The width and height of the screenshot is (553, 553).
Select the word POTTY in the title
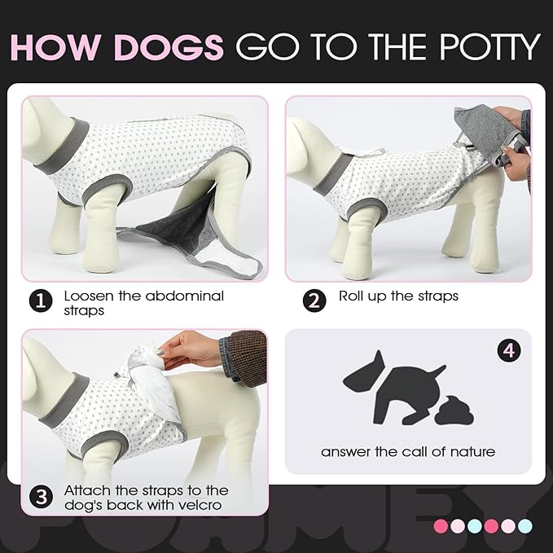pos(484,47)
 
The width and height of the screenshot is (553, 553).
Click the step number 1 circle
pos(42,301)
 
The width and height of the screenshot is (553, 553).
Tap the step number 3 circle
pos(42,497)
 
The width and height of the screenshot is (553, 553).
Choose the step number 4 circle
pos(508,351)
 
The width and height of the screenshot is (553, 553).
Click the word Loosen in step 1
pos(89,296)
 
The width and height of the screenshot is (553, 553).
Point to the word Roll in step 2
pos(353,296)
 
